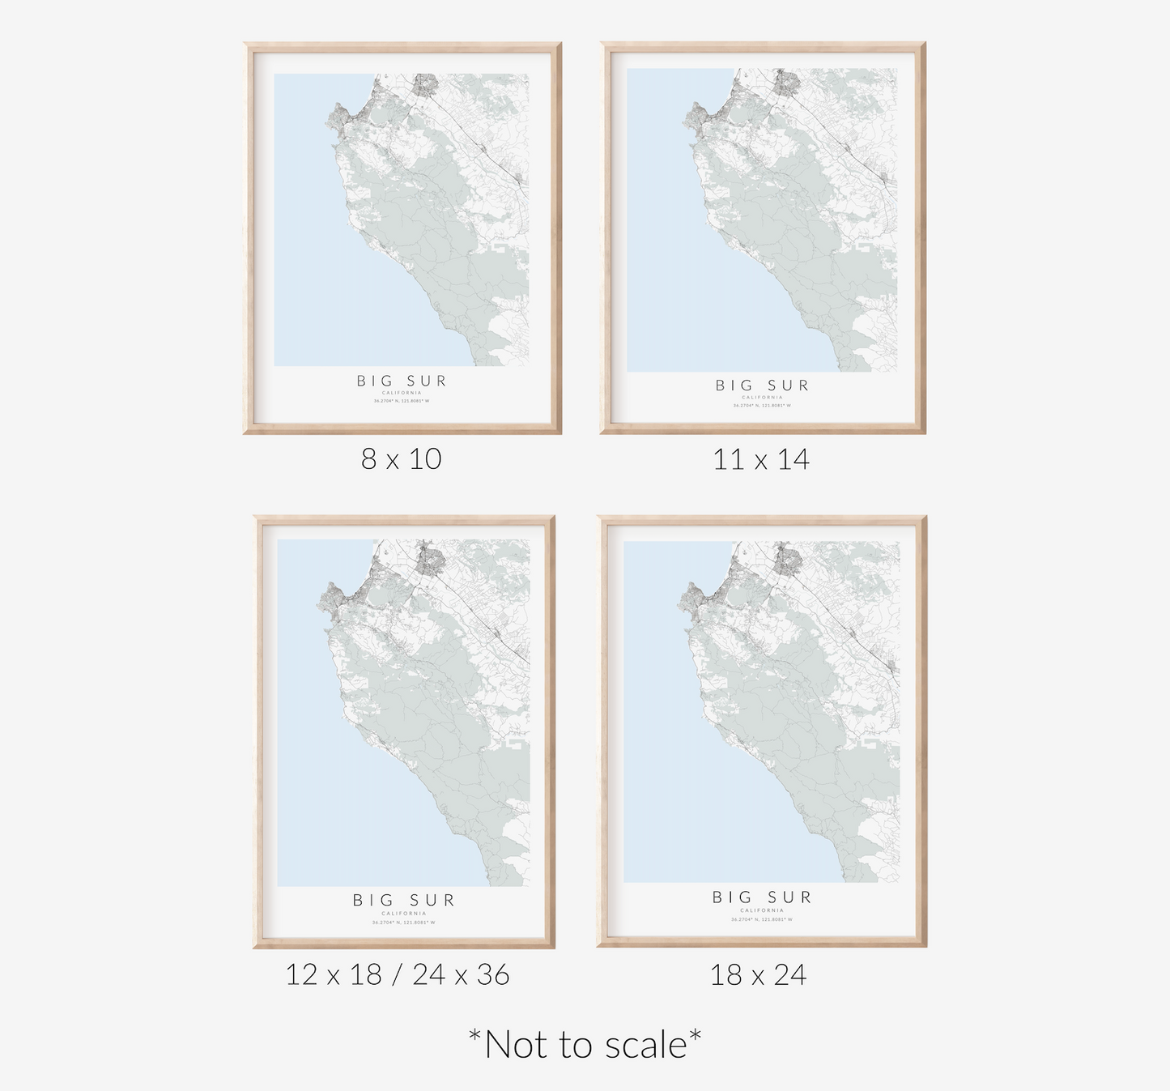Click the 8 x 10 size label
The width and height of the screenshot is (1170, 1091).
click(x=401, y=459)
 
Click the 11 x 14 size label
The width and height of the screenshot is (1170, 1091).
click(x=760, y=460)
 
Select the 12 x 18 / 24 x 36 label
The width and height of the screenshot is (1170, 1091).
click(x=397, y=974)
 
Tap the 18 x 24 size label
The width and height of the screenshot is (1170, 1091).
click(x=758, y=974)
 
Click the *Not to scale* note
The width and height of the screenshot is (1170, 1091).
click(x=585, y=1044)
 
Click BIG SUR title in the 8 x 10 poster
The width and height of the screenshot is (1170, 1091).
click(x=402, y=381)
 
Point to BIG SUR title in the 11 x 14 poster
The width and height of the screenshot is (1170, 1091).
click(x=762, y=386)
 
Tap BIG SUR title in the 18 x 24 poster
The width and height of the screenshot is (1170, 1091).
click(x=762, y=897)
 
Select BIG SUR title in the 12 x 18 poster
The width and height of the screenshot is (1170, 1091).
click(x=404, y=900)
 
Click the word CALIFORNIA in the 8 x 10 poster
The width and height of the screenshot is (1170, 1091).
click(x=402, y=393)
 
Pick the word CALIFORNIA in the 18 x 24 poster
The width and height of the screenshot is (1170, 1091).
click(x=762, y=911)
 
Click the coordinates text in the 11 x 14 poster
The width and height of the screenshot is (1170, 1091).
click(x=762, y=405)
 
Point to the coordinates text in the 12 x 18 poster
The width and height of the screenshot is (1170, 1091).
click(x=404, y=922)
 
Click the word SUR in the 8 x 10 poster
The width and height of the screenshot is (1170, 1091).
click(x=428, y=381)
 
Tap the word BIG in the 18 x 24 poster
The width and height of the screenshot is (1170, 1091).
click(x=733, y=897)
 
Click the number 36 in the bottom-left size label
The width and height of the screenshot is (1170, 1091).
click(x=492, y=974)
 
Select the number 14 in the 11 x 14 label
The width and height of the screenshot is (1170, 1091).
click(x=793, y=460)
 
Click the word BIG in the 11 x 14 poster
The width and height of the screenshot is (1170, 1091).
click(x=735, y=386)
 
